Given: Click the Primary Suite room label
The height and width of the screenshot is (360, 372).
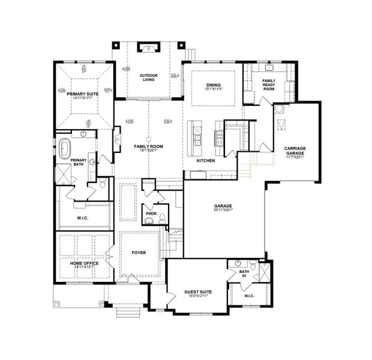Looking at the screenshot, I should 83,93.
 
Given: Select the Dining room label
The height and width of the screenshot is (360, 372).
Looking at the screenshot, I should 214,85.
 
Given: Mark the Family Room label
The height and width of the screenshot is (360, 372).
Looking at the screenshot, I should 148,146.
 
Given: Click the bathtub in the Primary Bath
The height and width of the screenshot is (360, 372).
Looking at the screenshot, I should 65,148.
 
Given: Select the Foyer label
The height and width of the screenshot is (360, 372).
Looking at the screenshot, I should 139,253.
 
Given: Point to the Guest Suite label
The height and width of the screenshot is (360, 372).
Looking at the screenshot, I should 198,292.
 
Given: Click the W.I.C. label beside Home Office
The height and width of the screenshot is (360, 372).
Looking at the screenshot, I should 83,218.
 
